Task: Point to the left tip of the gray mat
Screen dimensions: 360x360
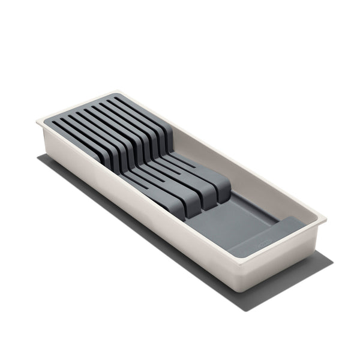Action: (x=37, y=157)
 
